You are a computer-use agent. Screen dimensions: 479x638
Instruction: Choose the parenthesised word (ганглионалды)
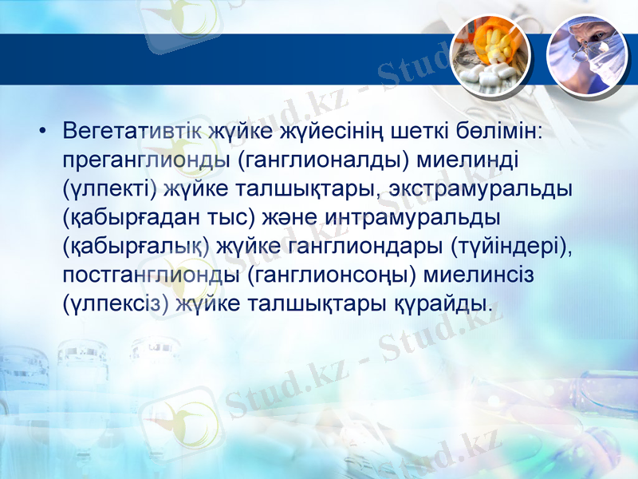pyautogui.click(x=325, y=159)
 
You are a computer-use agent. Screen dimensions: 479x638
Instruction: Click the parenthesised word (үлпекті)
pyautogui.click(x=110, y=188)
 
